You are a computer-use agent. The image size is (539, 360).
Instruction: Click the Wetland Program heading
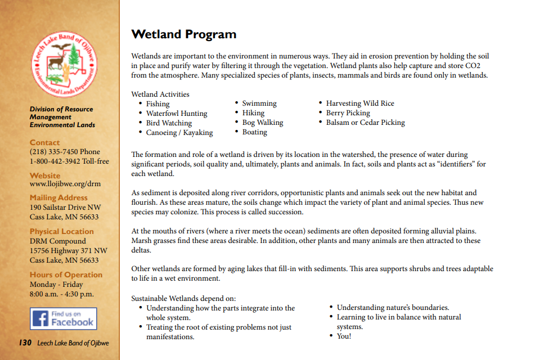point(183,34)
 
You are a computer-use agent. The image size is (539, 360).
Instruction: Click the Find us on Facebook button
point(64,318)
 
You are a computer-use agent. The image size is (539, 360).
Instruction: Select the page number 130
point(25,343)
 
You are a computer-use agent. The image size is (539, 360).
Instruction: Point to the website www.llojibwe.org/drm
point(65,184)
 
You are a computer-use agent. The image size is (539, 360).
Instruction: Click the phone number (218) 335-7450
point(55,152)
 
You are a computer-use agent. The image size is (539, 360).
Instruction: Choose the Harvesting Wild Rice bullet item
point(360,103)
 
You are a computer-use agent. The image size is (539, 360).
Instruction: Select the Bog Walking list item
point(262,123)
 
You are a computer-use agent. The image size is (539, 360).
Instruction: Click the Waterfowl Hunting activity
point(176,114)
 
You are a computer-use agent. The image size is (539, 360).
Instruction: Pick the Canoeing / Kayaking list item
point(179,133)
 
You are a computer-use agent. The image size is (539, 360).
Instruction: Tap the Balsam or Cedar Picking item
point(365,123)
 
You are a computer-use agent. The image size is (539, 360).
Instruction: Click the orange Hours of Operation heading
point(66,274)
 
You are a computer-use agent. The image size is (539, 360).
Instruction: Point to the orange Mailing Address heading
point(59,197)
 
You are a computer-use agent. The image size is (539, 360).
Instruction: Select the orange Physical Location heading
point(61,231)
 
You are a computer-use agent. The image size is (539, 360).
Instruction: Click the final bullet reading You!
point(343,336)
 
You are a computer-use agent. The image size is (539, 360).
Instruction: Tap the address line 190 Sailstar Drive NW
point(65,208)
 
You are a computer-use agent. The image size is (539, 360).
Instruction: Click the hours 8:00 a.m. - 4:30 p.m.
point(61,294)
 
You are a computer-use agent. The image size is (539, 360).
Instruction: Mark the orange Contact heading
point(44,142)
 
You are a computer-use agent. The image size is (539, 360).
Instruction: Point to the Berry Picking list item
point(348,113)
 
